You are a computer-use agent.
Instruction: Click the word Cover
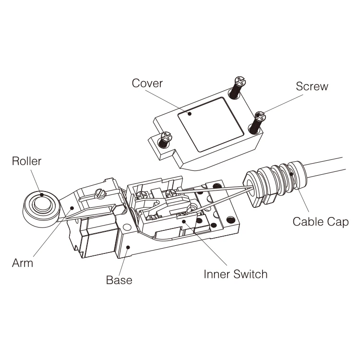coord(147,83)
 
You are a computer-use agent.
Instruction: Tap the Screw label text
coord(312,86)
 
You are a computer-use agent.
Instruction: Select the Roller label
coord(26,161)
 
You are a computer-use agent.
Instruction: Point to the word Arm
coord(23,263)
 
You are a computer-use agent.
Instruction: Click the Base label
coord(119,280)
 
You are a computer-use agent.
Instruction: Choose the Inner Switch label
coord(235,275)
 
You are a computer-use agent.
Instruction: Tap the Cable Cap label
coord(321,222)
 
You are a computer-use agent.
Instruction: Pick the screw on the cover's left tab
coord(165,139)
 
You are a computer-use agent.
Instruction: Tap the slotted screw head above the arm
coord(100,193)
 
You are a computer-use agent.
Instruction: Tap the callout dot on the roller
coord(42,194)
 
